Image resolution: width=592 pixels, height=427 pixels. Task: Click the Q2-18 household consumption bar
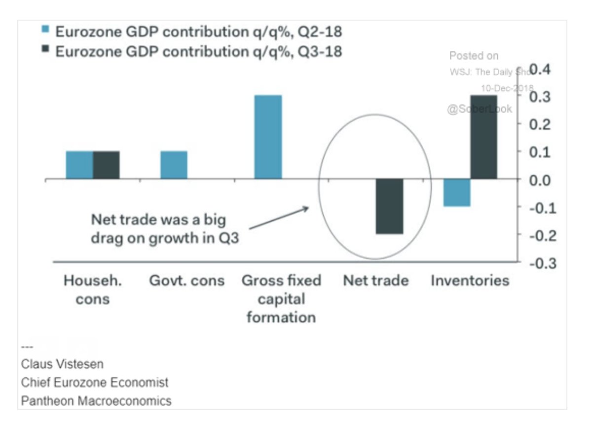(x=79, y=165)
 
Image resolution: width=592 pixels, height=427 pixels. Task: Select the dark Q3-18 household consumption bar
(x=106, y=165)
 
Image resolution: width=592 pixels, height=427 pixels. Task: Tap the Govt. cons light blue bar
(x=174, y=165)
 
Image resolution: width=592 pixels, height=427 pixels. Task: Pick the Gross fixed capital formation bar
(x=268, y=137)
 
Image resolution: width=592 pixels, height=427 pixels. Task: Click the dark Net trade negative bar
(x=389, y=206)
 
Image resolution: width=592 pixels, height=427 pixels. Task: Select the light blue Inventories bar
(x=457, y=193)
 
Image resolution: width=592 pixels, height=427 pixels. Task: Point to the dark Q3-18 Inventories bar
(x=483, y=137)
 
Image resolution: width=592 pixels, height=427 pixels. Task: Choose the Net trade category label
(x=376, y=281)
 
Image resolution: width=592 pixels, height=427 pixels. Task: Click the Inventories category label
(x=470, y=281)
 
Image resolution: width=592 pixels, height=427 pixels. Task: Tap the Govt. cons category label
(x=187, y=281)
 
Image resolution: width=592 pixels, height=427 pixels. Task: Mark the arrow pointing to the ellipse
(x=279, y=218)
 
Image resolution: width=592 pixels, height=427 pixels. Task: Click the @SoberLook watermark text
(x=480, y=109)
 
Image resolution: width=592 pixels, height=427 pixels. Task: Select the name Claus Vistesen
(x=63, y=364)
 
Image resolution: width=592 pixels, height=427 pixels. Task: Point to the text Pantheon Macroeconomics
(x=96, y=400)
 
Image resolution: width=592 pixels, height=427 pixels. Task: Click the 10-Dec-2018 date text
(x=507, y=88)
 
